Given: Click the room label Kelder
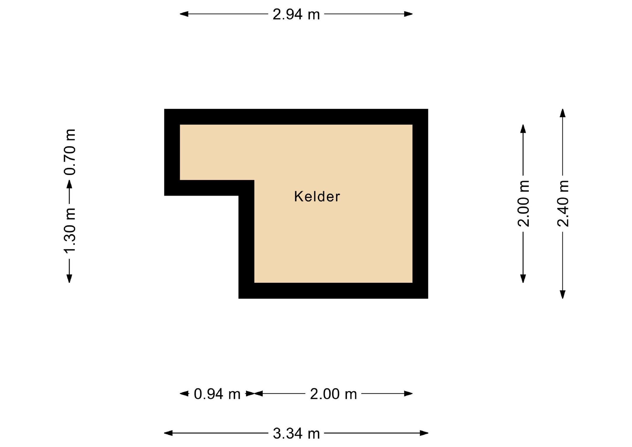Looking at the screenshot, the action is click(317, 196).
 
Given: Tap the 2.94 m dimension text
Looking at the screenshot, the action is click(296, 14).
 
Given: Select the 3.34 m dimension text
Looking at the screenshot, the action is click(296, 433).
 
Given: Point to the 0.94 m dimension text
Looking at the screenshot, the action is click(217, 394).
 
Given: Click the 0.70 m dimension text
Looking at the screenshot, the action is click(70, 152).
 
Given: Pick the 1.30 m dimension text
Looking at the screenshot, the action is click(70, 230).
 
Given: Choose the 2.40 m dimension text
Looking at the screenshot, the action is click(563, 203).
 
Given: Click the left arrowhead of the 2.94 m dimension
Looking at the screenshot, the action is click(184, 14).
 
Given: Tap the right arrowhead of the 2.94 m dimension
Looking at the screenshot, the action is click(408, 14).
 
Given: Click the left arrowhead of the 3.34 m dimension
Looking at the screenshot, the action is click(168, 433).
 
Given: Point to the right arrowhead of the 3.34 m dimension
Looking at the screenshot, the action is click(424, 433).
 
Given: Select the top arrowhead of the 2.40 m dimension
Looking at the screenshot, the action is click(563, 113).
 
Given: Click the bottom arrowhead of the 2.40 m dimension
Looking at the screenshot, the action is click(563, 294).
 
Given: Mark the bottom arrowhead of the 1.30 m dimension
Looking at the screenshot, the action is click(69, 279).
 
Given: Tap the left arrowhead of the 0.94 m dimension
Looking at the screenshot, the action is click(184, 394).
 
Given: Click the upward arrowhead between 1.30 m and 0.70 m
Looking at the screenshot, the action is click(69, 184).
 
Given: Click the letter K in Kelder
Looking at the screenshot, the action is click(298, 196).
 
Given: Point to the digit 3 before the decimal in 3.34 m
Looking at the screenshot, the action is click(277, 433).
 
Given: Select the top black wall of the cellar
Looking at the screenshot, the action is click(296, 117).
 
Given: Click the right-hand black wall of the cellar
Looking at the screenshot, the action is click(420, 204).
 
